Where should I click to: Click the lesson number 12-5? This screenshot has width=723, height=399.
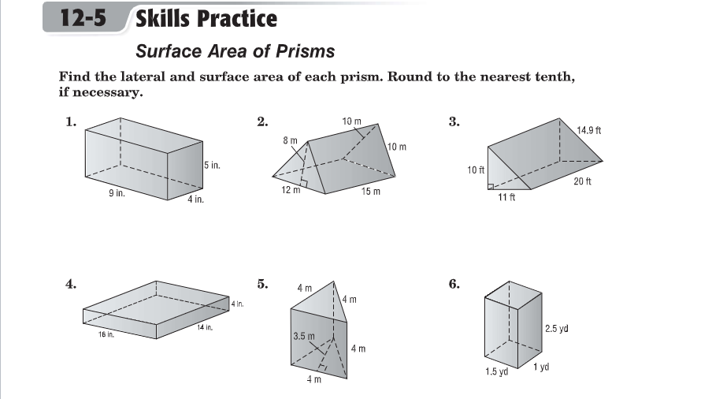tap(83, 18)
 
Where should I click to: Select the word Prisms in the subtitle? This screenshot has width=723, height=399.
tap(306, 51)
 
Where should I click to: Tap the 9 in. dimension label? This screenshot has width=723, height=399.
tap(117, 193)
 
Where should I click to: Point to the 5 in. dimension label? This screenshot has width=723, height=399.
tap(212, 165)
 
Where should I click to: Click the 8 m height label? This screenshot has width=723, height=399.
tap(291, 140)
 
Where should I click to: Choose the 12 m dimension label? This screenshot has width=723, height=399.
tap(291, 190)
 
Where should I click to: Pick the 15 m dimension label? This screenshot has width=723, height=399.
tap(371, 191)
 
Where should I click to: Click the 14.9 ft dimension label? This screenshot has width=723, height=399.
tap(589, 130)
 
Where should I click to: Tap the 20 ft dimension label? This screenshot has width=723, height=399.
tap(582, 181)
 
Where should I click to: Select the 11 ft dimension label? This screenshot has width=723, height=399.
tap(506, 197)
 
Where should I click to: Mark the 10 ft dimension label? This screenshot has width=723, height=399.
tap(476, 170)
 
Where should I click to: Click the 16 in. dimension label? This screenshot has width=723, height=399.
tap(106, 334)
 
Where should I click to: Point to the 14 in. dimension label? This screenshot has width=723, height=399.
tap(205, 327)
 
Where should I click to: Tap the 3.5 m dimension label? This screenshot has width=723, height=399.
tap(304, 336)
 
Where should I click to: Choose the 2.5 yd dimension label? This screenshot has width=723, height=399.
tap(557, 328)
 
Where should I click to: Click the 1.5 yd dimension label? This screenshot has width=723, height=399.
tap(497, 371)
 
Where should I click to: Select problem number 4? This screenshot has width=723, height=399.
tap(71, 284)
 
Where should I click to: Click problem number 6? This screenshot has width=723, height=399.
tap(454, 284)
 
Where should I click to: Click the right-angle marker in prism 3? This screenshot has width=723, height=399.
tap(491, 187)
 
